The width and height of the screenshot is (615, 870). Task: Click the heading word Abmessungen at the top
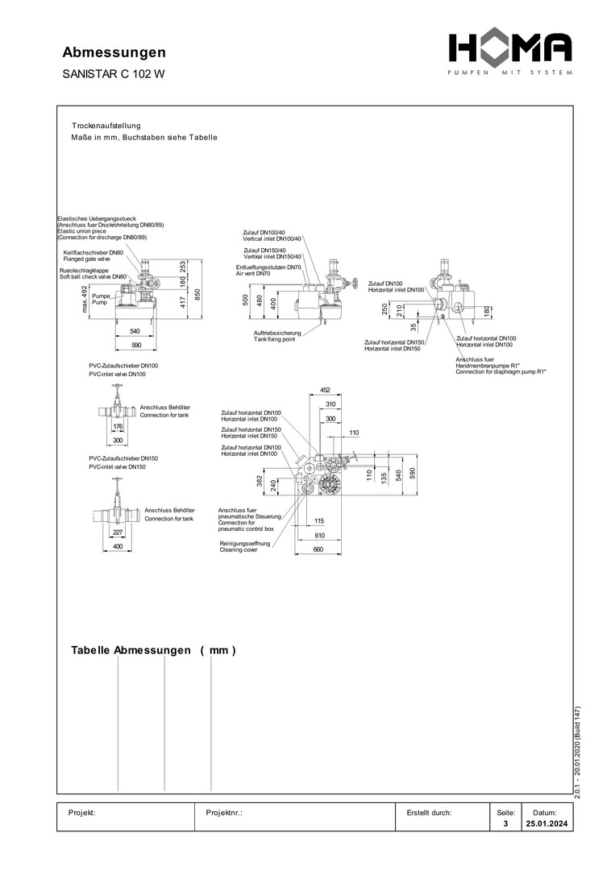click(x=114, y=52)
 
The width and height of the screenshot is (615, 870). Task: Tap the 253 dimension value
click(x=183, y=267)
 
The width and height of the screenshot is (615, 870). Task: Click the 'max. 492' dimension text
click(x=84, y=298)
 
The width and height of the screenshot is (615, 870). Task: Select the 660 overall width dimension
click(x=318, y=550)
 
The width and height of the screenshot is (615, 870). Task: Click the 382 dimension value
click(x=259, y=481)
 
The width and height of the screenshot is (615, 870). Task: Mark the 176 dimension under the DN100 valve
click(x=118, y=426)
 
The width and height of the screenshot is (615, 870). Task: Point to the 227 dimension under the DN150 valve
click(x=118, y=532)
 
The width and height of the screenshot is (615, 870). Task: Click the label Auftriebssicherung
click(x=277, y=333)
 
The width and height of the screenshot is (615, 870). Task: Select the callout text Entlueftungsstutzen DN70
click(x=268, y=267)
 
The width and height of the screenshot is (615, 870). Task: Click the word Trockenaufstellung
click(x=106, y=126)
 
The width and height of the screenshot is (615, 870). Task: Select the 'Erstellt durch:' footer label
click(x=429, y=813)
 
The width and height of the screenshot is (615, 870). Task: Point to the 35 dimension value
click(x=413, y=327)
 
